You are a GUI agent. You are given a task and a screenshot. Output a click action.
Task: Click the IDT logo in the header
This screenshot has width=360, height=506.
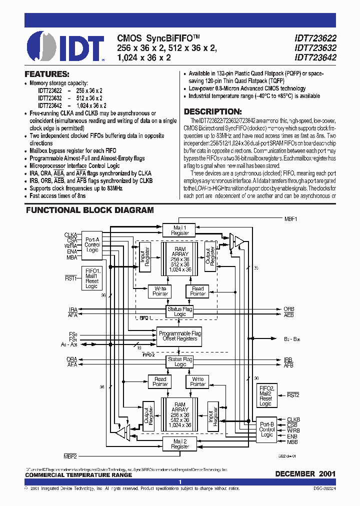pos(65,46)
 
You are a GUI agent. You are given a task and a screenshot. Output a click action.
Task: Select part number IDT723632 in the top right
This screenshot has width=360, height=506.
pos(315,48)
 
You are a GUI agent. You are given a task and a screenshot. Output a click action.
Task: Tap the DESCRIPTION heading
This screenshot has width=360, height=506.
pos(212,112)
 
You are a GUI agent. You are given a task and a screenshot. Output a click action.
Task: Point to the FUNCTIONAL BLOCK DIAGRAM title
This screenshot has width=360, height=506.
pos(90,210)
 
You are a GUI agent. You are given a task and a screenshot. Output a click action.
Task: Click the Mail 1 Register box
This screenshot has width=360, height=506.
pos(180,230)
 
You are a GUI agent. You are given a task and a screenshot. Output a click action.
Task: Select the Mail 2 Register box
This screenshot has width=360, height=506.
pos(180,443)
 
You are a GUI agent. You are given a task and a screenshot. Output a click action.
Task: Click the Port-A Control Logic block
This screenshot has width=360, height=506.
pos(92,245)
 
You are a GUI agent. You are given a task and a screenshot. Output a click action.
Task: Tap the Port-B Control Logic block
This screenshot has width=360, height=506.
pos(267,429)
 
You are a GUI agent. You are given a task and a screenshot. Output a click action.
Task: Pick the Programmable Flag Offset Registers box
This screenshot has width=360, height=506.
pos(180,335)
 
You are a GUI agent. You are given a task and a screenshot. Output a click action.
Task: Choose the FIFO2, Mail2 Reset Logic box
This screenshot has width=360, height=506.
pos(266,396)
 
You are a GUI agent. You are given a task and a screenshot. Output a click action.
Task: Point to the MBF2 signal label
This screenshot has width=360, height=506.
pos(70,456)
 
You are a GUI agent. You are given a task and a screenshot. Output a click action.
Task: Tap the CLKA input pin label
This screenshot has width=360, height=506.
pos(70,234)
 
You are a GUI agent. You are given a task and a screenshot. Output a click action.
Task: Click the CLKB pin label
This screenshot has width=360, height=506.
pos(293,419)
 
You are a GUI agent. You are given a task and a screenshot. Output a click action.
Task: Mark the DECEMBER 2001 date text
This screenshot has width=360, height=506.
pos(305,473)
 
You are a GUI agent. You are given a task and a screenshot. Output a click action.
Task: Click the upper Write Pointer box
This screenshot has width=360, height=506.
pos(160,291)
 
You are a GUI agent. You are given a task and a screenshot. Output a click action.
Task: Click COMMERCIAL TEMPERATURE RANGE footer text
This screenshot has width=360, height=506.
pos(78,475)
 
